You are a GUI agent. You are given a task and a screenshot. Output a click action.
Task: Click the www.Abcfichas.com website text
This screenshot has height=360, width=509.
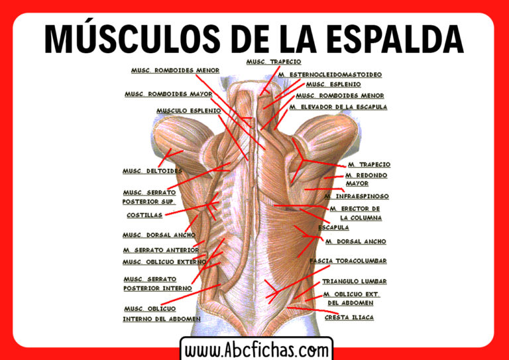pos(256,349)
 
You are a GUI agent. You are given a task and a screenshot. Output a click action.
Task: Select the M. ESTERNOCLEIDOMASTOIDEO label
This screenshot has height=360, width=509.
pos(329,75)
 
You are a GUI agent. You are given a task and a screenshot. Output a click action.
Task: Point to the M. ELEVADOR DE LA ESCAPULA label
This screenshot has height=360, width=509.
pos(338,107)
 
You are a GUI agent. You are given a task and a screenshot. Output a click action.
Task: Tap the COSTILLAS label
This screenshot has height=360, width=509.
pos(144,215)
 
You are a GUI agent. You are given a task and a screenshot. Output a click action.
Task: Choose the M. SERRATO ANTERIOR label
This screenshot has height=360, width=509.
pos(160,251)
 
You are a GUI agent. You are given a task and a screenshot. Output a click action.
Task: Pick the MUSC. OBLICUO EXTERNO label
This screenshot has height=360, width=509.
pos(164,262)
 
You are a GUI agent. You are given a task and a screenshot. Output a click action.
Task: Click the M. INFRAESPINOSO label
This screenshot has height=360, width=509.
pos(357,197)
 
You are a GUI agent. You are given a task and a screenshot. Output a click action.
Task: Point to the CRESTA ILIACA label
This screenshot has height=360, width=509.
pos(349,318)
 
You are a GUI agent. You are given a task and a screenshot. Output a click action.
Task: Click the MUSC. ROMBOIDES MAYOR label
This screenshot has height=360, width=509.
pos(168,94)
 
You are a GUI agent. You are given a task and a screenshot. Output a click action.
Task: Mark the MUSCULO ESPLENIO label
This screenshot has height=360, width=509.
pos(188,111)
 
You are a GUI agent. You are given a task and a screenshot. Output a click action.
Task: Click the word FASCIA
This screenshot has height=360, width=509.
pos(322,261)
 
